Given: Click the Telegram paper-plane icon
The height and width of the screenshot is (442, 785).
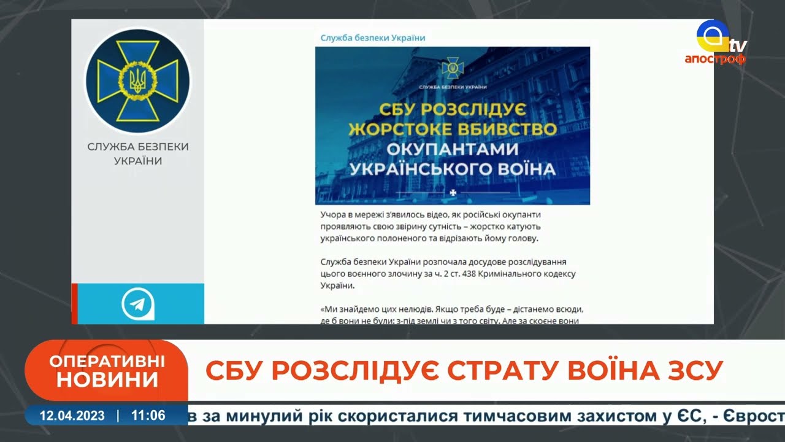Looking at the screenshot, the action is click(138, 304).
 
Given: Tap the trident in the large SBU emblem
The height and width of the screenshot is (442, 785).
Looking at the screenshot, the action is click(138, 80).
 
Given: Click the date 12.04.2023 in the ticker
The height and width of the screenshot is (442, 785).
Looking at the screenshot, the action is click(72, 416).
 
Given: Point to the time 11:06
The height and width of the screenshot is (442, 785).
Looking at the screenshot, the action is click(148, 416).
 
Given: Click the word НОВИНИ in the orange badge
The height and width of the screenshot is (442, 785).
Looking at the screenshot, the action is click(107, 380).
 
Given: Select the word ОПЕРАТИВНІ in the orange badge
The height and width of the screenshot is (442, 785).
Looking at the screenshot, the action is click(107, 362).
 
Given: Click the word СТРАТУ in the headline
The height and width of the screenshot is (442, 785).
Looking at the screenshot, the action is click(504, 370).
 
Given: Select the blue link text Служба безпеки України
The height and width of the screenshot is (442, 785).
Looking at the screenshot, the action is click(373, 38).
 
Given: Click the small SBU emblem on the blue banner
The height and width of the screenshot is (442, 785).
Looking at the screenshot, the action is click(453, 68).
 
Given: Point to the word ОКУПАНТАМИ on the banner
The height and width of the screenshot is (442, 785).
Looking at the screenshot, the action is click(453, 149).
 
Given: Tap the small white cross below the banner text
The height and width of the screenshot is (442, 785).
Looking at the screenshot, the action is click(453, 193).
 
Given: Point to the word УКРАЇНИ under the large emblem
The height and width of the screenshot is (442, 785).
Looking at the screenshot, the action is click(138, 161).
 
